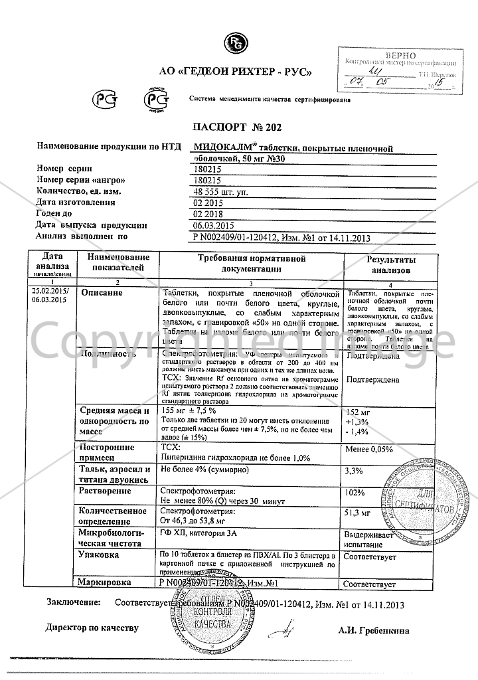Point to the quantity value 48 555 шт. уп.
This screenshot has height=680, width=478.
tap(217, 191)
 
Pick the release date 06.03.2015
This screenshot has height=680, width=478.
tap(213, 224)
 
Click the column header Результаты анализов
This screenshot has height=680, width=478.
tap(391, 264)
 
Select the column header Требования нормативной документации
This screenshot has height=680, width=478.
tap(252, 264)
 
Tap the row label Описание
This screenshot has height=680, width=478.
tap(100, 293)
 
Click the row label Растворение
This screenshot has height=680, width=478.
tap(104, 491)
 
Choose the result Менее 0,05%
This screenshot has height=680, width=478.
tap(369, 450)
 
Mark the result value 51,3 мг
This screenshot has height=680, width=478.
tap(358, 513)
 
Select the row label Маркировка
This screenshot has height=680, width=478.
tap(105, 582)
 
